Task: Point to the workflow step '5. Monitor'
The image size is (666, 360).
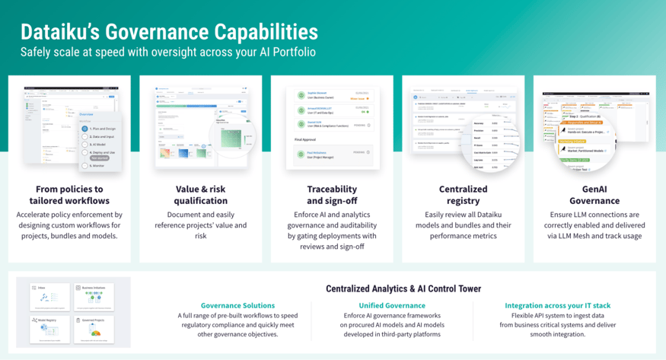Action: point(97,165)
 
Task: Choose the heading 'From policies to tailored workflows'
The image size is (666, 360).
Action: point(69,195)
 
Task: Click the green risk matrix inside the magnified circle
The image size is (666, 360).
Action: point(231,139)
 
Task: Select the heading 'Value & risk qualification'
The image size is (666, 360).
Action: point(200,195)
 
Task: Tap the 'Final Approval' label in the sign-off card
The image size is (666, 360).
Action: point(306,140)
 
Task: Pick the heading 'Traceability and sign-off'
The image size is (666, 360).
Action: point(332,195)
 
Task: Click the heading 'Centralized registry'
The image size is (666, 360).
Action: point(463,195)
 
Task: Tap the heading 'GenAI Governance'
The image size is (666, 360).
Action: point(594,195)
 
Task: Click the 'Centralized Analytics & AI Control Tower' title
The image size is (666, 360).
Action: point(403,289)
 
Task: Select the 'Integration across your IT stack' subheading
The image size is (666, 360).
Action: point(557,305)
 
